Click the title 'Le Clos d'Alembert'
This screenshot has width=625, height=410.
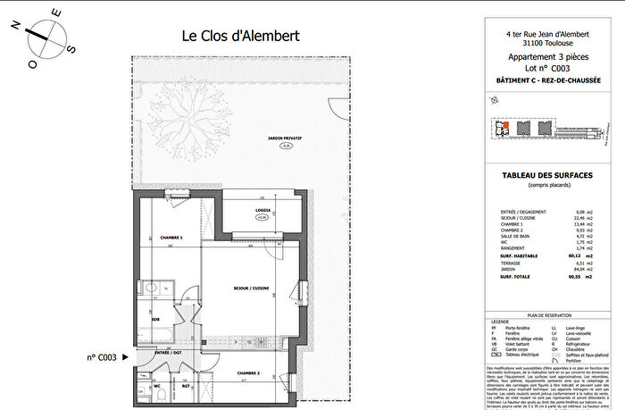point(240,37)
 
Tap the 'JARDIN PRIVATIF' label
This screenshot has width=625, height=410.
point(285,138)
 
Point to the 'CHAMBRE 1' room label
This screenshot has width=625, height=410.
point(171,238)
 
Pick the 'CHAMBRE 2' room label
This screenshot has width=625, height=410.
point(247,372)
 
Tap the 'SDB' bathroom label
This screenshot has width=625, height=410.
point(155,319)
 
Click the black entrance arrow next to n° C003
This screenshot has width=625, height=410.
point(125,356)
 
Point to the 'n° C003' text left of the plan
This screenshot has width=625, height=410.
point(102,356)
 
